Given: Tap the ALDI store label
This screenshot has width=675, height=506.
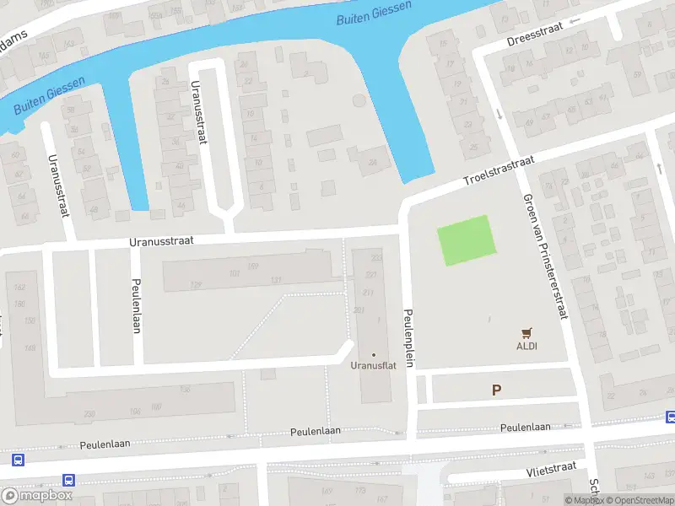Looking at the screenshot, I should (527, 346).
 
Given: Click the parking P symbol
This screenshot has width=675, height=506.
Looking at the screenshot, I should (496, 390).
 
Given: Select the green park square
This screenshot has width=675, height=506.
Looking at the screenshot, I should (464, 240).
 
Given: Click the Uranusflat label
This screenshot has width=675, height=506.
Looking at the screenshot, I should (373, 366).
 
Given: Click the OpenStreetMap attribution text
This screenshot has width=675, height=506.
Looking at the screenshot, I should (644, 500).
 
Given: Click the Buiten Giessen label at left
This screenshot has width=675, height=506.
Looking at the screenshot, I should (48, 100).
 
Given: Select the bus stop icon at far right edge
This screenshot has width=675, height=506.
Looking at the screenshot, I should (671, 417).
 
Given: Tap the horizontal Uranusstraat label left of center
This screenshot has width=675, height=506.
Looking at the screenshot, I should (161, 240).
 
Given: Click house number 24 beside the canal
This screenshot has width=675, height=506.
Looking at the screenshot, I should (373, 163).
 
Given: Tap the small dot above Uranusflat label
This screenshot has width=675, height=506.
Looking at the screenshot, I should (373, 354).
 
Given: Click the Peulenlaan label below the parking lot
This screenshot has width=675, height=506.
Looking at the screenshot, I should (526, 428).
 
